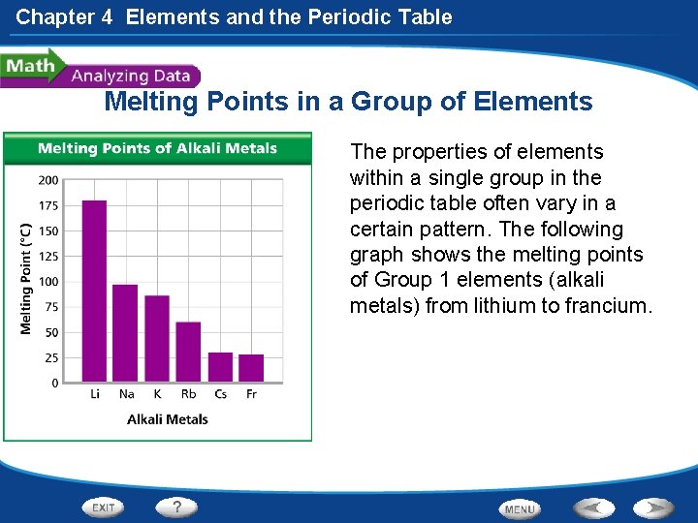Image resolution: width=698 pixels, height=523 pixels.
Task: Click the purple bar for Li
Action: [x=94, y=291]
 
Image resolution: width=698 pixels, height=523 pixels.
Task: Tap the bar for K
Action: [x=156, y=338]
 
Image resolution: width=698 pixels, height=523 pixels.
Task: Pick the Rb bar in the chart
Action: [x=188, y=351]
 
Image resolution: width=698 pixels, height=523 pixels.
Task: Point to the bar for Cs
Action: [x=220, y=366]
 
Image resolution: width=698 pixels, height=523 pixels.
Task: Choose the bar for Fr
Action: [x=251, y=367]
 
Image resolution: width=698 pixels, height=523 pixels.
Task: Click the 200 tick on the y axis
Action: [x=48, y=180]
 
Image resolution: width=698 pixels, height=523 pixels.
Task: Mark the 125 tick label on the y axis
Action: [x=48, y=257]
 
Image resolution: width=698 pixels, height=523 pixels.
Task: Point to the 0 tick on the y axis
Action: [x=54, y=384]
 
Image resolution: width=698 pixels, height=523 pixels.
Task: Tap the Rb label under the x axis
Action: [x=188, y=394]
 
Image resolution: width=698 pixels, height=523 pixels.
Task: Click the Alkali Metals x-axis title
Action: [x=168, y=419]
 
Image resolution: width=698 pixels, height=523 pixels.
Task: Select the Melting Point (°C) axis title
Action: [x=26, y=280]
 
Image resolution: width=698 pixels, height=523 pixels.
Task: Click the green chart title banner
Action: [x=157, y=148]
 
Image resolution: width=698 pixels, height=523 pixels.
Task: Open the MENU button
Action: [x=520, y=508]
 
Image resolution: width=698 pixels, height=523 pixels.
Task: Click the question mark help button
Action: [x=176, y=507]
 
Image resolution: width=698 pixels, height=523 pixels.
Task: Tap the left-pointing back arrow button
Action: [x=593, y=508]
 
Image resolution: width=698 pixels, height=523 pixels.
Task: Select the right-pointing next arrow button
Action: [x=654, y=508]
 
